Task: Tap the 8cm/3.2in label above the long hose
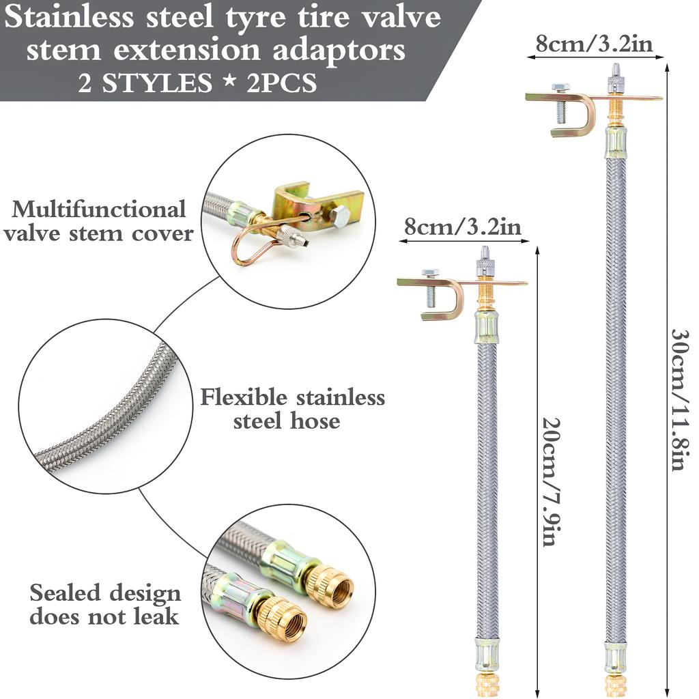593,46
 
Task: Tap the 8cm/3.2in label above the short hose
463,227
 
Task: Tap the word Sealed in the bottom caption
65,593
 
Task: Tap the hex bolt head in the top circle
339,218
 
